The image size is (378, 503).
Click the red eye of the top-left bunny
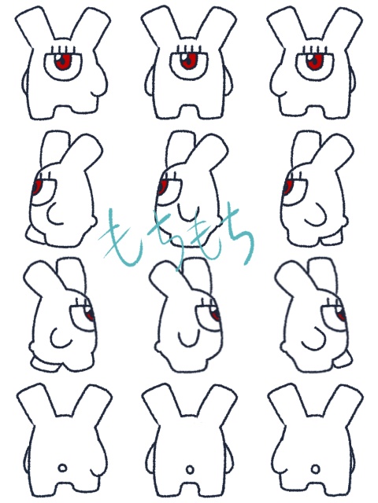pos(63,61)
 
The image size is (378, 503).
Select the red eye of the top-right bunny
pos(314,61)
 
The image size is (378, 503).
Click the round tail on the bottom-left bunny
pos(63,468)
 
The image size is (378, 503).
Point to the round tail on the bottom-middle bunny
pos(190,470)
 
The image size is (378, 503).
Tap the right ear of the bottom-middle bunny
pos(219,403)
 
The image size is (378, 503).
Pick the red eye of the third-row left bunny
pos(90,314)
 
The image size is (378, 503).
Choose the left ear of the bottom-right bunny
pos(285,403)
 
